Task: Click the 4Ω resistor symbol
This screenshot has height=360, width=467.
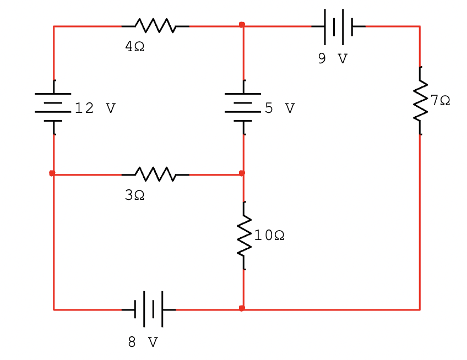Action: click(155, 26)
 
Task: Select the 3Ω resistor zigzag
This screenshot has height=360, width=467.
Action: click(155, 174)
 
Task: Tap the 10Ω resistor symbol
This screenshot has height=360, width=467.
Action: click(243, 236)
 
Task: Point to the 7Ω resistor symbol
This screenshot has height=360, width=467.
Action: click(420, 100)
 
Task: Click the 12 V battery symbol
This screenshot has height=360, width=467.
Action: click(53, 107)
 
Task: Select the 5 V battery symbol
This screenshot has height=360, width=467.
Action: click(243, 107)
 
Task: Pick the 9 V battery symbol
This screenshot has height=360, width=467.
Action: click(338, 26)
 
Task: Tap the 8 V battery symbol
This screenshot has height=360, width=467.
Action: click(148, 309)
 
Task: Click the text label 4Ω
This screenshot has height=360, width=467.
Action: click(135, 47)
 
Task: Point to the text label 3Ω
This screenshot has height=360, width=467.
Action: click(135, 195)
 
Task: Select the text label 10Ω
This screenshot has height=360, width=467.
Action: click(269, 236)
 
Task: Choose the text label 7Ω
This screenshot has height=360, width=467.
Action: click(440, 100)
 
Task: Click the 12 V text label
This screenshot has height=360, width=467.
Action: click(95, 108)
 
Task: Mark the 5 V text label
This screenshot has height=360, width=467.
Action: click(280, 108)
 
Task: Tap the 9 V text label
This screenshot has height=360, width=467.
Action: click(333, 59)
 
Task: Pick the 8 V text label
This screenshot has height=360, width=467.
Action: click(143, 342)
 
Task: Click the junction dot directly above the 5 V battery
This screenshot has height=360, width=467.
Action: click(242, 25)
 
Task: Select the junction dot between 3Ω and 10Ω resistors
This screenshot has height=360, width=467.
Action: click(242, 173)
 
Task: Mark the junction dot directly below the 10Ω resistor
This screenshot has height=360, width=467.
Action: click(242, 308)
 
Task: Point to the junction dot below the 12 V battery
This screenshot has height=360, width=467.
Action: click(52, 173)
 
